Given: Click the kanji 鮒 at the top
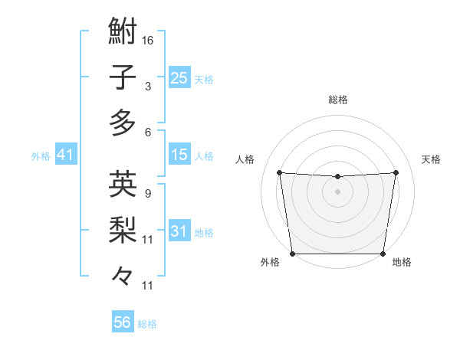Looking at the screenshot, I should pos(123,34).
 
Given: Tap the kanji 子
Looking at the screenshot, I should pos(123,77).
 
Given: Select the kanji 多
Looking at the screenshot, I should pos(123,122).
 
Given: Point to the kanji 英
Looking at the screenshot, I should pos(123,185).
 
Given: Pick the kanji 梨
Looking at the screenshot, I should pos(123,228).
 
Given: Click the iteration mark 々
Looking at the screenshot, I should pos(123,273).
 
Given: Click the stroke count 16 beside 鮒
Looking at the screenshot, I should pos(148,40).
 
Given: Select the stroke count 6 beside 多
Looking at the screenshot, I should pos(147,132).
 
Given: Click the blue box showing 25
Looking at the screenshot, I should pos(179,77).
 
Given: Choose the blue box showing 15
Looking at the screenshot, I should pos(179,155).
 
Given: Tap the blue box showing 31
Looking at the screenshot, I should pos(179,231).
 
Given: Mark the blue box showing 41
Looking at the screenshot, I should pos(65,155).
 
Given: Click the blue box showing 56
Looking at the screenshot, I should pos(122,322).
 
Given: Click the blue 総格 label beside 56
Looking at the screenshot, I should pos(147,324).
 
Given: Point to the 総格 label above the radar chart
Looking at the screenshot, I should pos(337,100).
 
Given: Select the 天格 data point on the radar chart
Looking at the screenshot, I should pos(396,172).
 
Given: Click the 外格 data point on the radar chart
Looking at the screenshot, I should pos(292,254).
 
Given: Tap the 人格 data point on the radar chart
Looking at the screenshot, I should pos(279,172).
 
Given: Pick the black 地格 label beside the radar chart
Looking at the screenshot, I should pos(402,263).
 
